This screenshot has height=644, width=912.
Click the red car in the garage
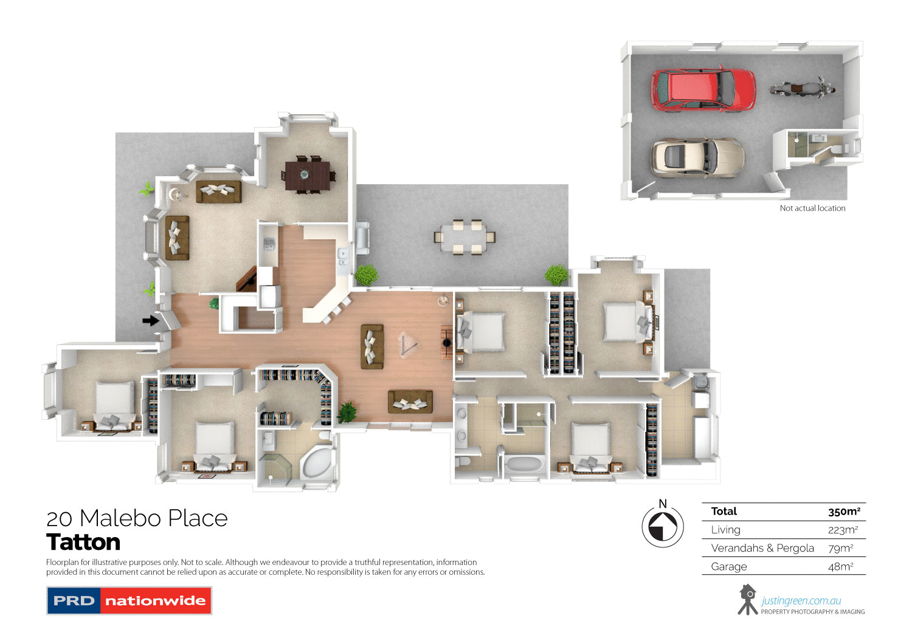[x=703, y=90]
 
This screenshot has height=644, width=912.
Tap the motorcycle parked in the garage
[x=801, y=89]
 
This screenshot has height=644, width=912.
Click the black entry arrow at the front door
[x=150, y=320]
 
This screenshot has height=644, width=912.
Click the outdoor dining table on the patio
[x=465, y=236]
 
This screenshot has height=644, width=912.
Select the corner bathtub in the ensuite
[x=317, y=464]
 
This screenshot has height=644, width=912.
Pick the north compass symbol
[x=663, y=526]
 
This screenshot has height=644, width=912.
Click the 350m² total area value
[x=844, y=512]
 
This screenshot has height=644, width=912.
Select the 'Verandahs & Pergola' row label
[x=762, y=548]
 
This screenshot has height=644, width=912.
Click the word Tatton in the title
[x=83, y=542]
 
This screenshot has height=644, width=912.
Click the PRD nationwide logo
[x=129, y=601]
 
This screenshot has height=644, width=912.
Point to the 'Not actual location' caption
[x=812, y=208]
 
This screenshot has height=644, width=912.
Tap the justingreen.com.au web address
[x=801, y=601]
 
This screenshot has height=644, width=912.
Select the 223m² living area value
[x=843, y=530]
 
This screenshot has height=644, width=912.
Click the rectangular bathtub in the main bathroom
[x=525, y=465]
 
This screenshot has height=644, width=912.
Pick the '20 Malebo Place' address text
[x=137, y=518]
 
